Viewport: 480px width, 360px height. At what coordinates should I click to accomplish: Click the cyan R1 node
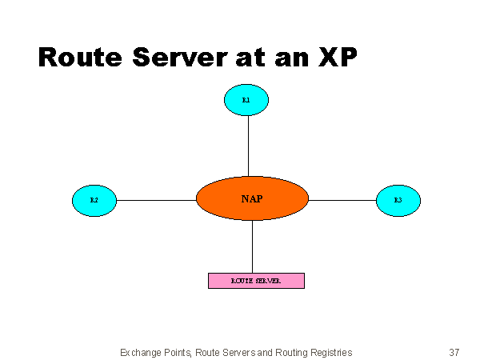[246, 100]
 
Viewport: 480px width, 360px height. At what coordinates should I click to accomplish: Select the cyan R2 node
[94, 200]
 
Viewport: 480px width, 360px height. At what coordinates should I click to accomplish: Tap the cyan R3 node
[398, 200]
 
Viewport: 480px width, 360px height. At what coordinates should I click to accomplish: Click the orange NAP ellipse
[252, 198]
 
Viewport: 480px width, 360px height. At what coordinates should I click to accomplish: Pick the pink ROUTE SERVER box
[256, 281]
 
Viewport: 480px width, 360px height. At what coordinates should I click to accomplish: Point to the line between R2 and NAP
[156, 200]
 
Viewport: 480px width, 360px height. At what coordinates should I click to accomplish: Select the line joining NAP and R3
[342, 200]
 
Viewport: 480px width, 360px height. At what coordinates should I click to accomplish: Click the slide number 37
[454, 352]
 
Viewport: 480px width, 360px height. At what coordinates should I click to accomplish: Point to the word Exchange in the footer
[140, 352]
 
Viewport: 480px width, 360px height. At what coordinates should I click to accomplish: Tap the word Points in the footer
[178, 352]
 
